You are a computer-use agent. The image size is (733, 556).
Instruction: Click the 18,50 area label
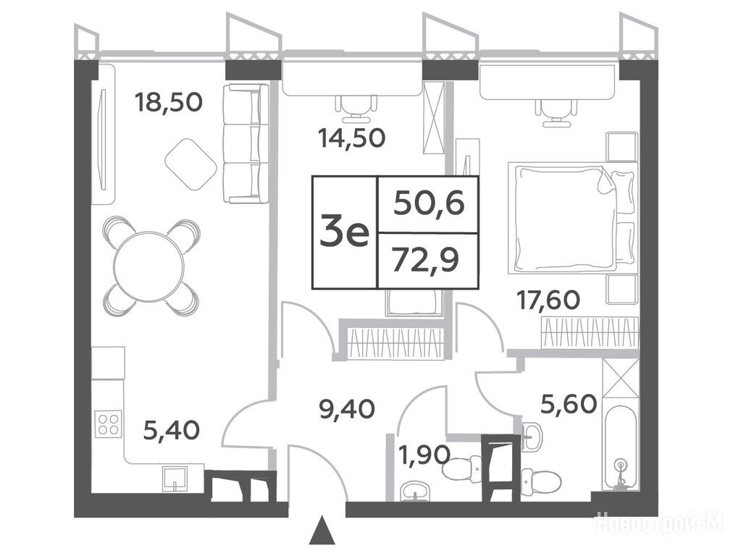coord(168,102)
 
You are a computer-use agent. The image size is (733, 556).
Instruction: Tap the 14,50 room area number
coord(351,138)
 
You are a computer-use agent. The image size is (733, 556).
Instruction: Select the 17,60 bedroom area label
coord(548,300)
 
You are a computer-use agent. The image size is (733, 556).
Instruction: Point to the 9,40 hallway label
coord(346,409)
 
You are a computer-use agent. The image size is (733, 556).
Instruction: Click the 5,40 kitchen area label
coord(172,430)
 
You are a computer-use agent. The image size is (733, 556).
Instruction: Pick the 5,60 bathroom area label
coord(569,404)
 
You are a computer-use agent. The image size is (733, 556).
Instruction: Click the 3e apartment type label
coord(345,232)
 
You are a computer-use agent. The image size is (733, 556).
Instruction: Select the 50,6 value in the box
coord(429,203)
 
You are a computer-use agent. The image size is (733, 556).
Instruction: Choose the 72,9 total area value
coord(425,260)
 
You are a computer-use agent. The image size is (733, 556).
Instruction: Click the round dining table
coord(149,266)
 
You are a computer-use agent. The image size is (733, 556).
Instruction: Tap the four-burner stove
coord(109,424)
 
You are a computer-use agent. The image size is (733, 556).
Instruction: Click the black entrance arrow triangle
coord(322,531)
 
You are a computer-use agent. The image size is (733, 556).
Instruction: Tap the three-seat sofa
coord(246,143)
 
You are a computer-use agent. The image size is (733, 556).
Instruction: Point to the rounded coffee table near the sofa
coord(190,164)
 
